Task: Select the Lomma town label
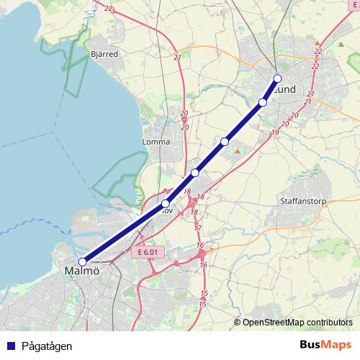(156, 142)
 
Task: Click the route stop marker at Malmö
(83, 262)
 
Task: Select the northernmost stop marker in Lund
(278, 79)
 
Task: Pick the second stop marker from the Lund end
(263, 102)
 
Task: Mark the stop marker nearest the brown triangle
(225, 142)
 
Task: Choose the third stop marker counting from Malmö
(195, 173)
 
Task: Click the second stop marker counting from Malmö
(166, 204)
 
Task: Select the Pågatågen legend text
(47, 346)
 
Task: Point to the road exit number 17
(197, 228)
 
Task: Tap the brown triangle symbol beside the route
(237, 150)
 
